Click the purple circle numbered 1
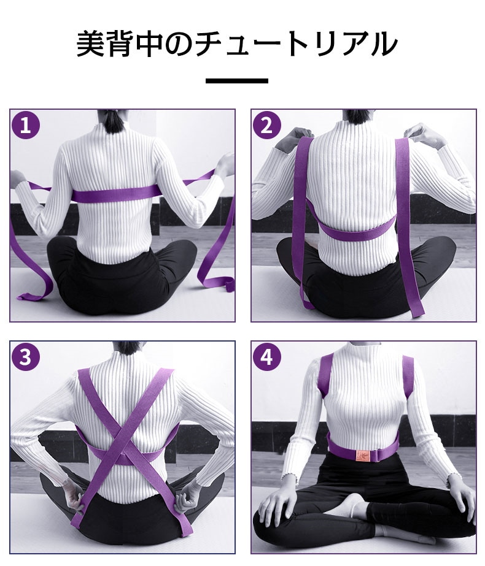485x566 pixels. click(x=25, y=125)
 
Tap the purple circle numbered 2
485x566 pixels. click(x=266, y=125)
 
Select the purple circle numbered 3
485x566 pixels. click(x=25, y=357)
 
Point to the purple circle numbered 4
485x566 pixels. click(x=266, y=357)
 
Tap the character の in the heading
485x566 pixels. click(x=179, y=44)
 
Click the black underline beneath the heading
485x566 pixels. click(x=237, y=81)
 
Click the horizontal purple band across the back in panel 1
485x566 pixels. click(x=115, y=195)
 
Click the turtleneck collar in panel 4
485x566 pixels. click(x=362, y=349)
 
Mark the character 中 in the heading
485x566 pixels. click(x=150, y=44)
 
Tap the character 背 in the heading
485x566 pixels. click(x=120, y=44)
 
